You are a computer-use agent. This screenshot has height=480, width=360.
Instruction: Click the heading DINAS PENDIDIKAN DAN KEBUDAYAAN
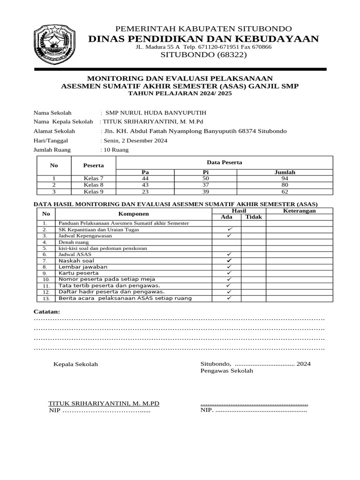204,38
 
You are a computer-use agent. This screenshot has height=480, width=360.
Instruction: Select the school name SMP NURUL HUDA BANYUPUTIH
156,113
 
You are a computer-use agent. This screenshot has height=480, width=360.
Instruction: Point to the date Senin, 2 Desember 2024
134,141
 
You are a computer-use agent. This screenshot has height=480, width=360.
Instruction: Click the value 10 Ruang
115,150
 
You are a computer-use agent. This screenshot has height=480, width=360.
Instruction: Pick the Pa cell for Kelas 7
145,179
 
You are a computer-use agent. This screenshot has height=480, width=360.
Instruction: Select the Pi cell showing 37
205,185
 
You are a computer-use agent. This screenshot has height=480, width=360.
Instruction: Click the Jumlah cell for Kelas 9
285,191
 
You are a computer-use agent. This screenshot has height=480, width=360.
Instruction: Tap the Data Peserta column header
224,162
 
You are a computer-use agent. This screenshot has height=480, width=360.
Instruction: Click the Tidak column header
254,217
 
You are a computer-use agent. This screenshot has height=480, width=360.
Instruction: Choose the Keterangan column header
300,211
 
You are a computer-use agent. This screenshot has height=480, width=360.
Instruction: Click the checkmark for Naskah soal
229,260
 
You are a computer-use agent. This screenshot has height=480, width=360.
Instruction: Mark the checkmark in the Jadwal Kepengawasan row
229,236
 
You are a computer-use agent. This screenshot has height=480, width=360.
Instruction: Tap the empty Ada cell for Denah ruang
226,242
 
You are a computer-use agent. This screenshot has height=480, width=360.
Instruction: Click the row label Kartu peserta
78,273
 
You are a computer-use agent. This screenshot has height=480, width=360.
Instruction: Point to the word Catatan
47,312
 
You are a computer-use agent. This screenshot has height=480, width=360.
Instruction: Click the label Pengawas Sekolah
226,371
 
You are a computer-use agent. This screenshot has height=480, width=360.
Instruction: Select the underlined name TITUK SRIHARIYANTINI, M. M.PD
104,404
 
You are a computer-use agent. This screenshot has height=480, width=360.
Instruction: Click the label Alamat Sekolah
54,131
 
